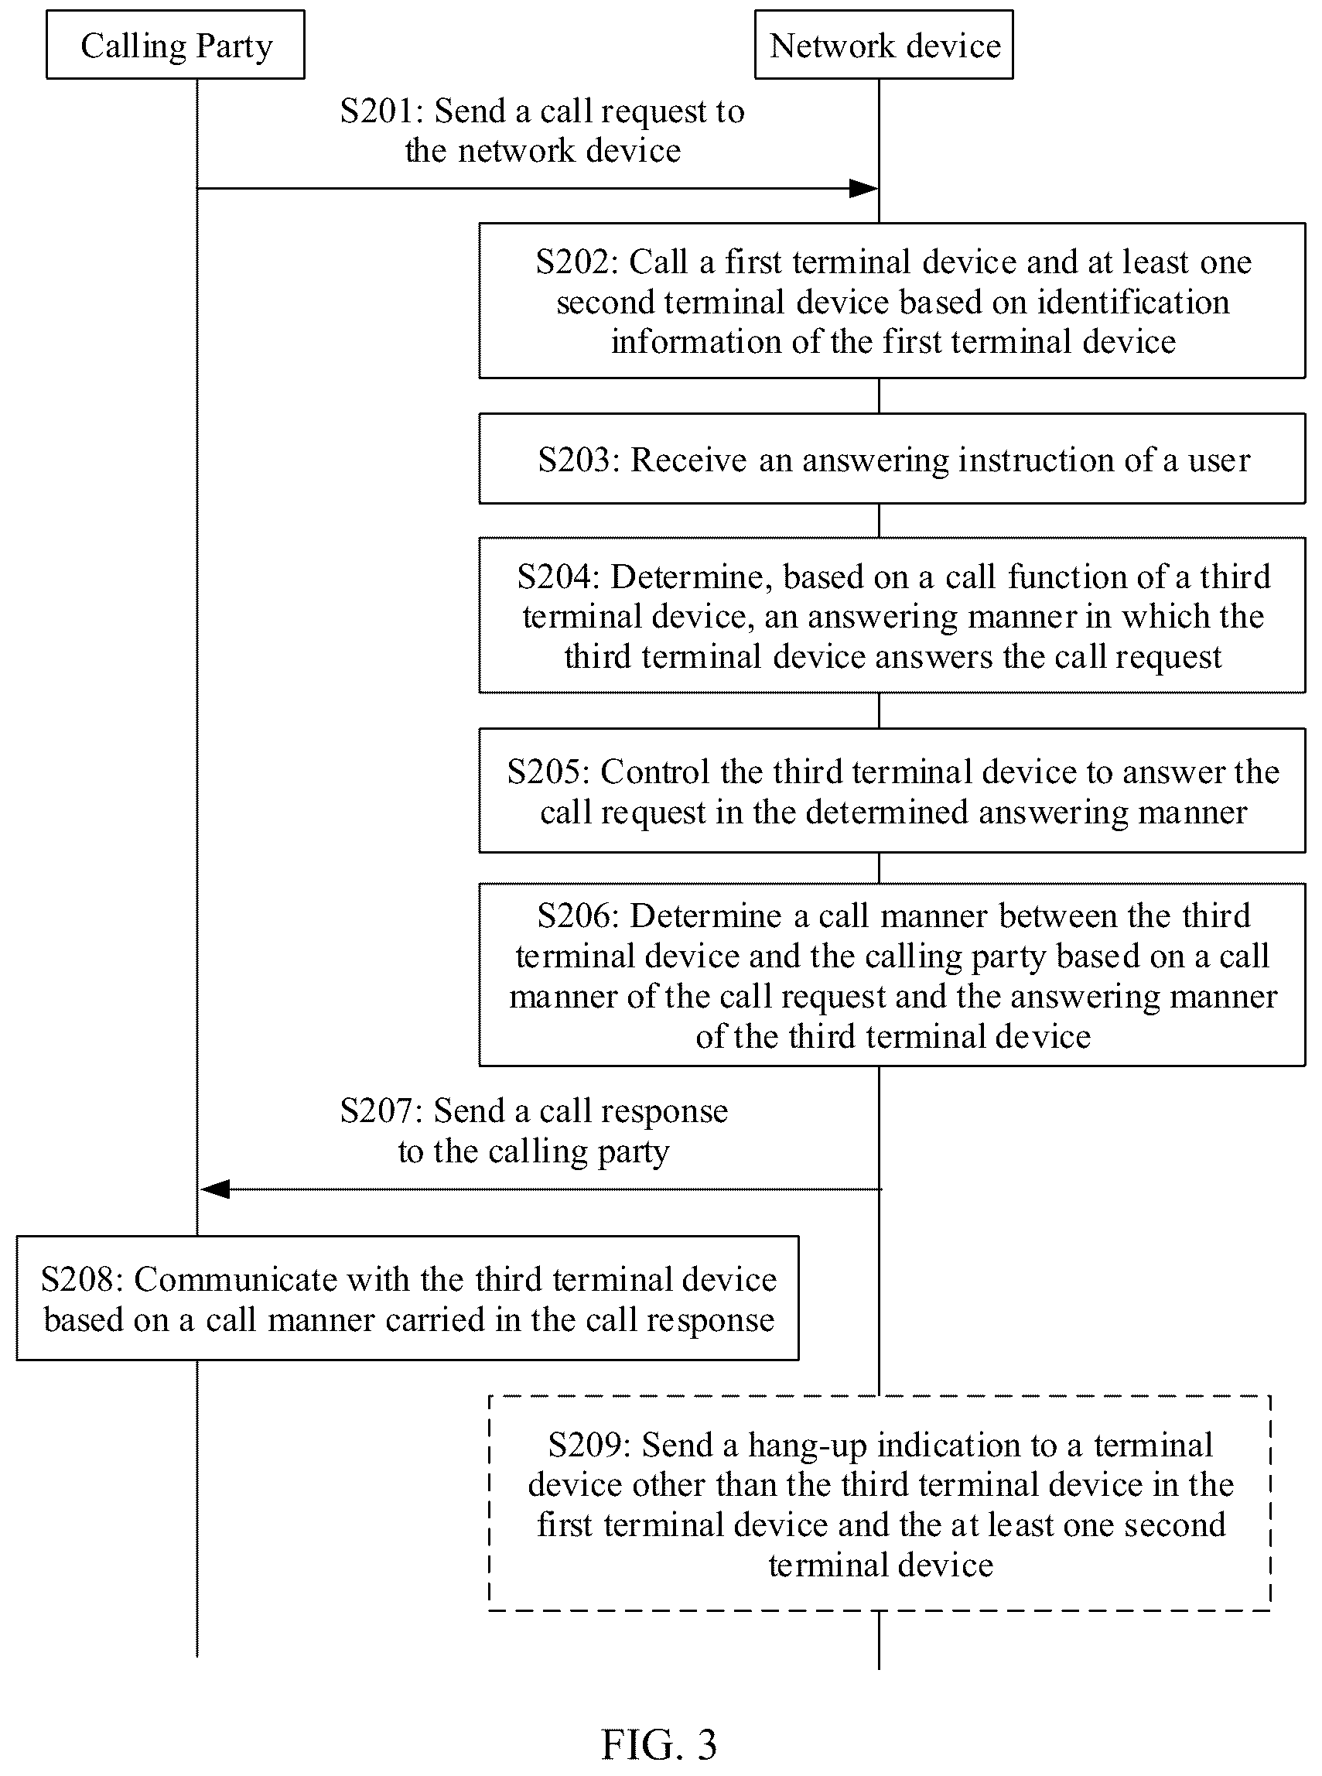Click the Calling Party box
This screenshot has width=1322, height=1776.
[x=176, y=45]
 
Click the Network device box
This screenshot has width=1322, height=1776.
[x=883, y=45]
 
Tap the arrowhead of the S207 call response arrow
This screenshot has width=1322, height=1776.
[x=215, y=1189]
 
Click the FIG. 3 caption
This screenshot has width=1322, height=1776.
[x=658, y=1744]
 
